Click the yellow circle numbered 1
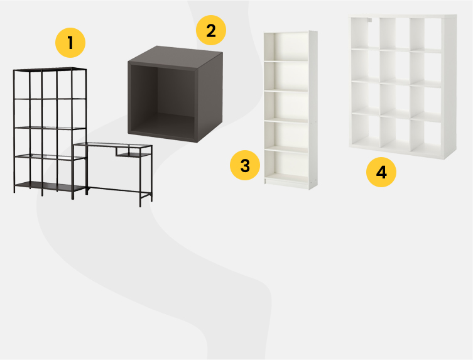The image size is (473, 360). click(70, 43)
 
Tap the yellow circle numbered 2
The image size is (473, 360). click(211, 30)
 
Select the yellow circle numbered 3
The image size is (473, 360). click(245, 165)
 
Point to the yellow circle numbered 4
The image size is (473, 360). click(381, 172)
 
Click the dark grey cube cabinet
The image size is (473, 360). click(175, 94)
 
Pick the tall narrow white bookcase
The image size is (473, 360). click(290, 110)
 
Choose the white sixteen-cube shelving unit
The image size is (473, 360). click(403, 87)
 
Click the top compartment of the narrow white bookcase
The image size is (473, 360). click(290, 46)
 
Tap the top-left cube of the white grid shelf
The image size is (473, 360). click(364, 33)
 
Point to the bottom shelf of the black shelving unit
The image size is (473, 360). click(50, 186)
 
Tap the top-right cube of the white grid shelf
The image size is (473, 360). click(425, 34)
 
